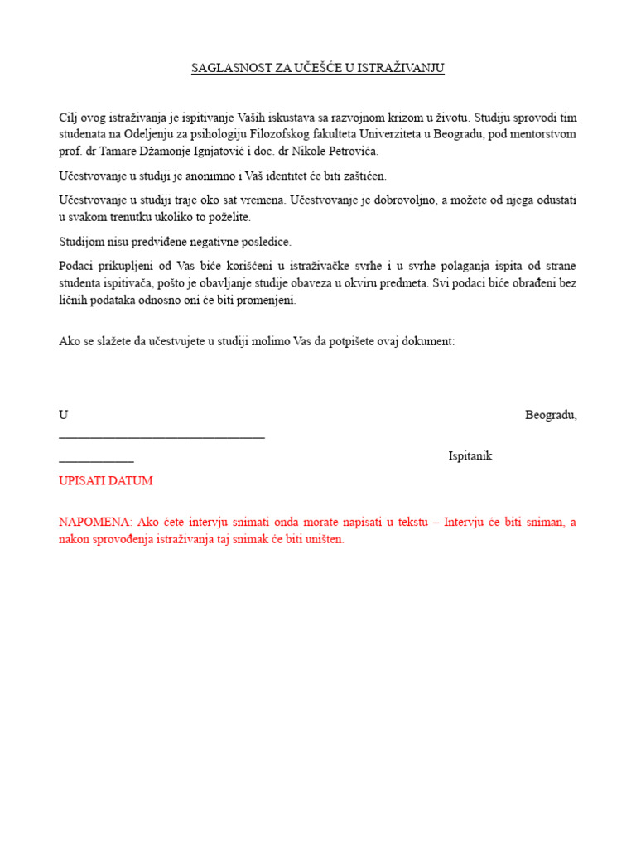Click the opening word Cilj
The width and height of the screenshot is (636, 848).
click(70, 117)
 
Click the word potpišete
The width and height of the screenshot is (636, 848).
click(340, 341)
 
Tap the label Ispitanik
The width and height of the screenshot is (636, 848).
click(470, 456)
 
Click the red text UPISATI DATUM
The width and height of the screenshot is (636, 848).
click(105, 481)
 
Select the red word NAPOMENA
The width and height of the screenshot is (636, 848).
click(94, 523)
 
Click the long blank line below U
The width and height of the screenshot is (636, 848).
click(161, 436)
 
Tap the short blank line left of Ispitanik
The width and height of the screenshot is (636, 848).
click(96, 460)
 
